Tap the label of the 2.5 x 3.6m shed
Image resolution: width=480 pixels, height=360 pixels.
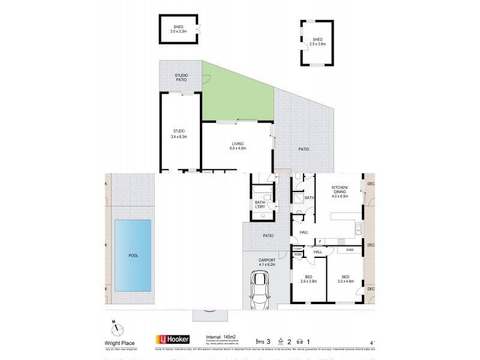click(x=317, y=41)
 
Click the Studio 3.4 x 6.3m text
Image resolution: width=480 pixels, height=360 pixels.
click(x=179, y=133)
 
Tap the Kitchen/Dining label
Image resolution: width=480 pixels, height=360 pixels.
click(x=340, y=192)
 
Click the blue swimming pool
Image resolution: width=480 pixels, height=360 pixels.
click(x=133, y=255)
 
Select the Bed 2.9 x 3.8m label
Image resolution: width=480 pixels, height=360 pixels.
click(x=309, y=279)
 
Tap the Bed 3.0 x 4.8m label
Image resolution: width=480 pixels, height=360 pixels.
click(x=346, y=279)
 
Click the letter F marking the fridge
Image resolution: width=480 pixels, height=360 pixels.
click(x=320, y=242)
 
